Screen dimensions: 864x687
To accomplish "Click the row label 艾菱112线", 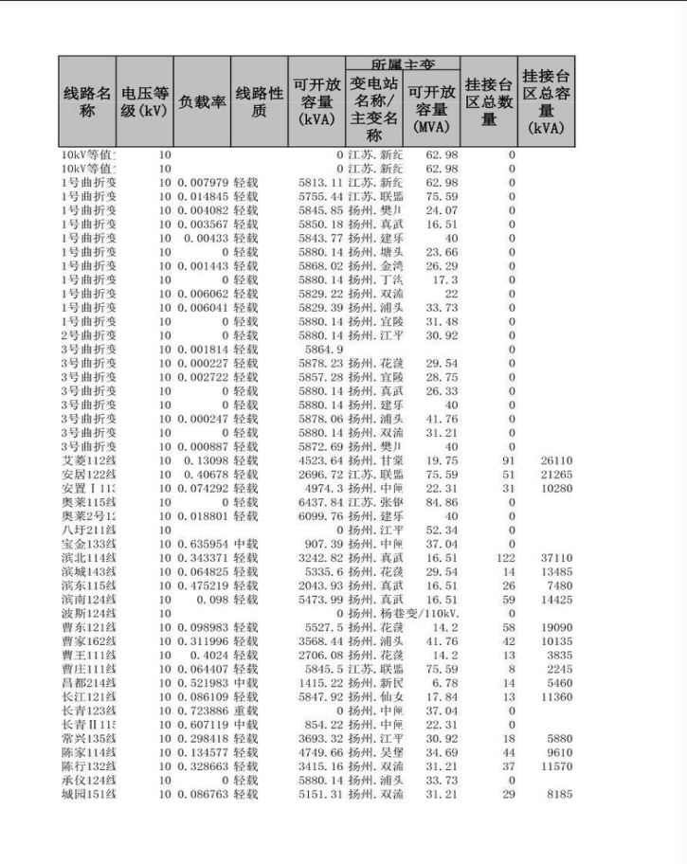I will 89,460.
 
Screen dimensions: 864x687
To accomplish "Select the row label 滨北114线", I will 89,559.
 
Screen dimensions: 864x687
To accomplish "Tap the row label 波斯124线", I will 89,614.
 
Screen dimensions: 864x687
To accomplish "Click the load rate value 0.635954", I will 202,545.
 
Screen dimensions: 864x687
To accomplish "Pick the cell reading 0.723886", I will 202,711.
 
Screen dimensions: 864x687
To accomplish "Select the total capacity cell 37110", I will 557,559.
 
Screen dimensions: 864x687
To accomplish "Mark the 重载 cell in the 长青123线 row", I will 245,711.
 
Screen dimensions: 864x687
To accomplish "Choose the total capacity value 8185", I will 559,794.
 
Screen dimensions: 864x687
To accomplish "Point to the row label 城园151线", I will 89,794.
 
